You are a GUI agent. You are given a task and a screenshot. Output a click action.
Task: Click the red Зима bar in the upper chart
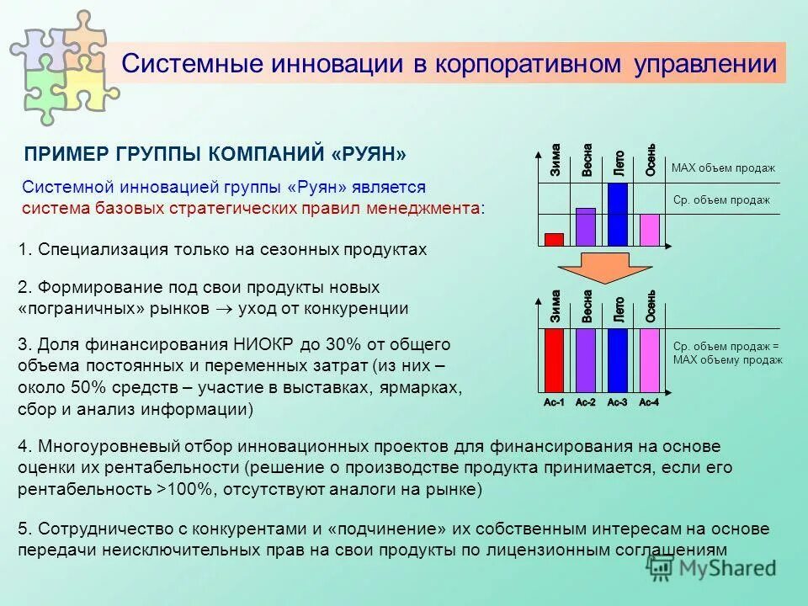(x=554, y=239)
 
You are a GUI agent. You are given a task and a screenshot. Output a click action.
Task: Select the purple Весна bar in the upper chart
(x=586, y=226)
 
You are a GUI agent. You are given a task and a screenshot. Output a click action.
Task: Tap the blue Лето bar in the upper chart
(x=618, y=215)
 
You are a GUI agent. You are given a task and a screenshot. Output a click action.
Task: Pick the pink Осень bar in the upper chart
(x=649, y=229)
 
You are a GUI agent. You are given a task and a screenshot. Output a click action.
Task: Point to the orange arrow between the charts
(x=602, y=268)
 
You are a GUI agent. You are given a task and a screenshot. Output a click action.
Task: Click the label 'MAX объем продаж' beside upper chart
(x=723, y=168)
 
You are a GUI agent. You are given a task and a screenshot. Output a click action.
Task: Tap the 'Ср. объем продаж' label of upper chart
(x=721, y=200)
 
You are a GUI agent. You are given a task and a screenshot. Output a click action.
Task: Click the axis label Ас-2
(x=585, y=403)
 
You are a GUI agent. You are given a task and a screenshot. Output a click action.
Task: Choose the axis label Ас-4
(x=649, y=403)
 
